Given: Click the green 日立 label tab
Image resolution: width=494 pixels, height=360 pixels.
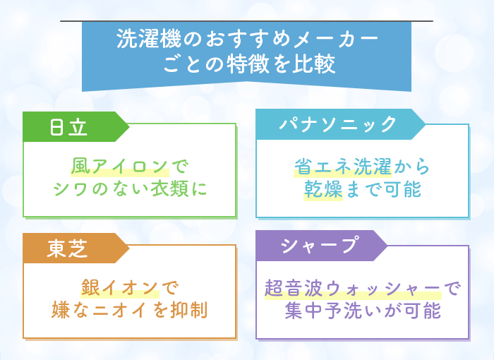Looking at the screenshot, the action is (x=76, y=127).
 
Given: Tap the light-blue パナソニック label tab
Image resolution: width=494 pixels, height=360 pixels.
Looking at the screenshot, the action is (x=340, y=124).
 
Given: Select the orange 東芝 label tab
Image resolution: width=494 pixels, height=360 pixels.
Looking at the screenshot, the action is (x=76, y=248).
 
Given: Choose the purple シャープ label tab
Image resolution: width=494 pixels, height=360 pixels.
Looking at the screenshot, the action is (x=321, y=246).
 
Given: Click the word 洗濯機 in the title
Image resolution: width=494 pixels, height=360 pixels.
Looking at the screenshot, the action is (x=149, y=39).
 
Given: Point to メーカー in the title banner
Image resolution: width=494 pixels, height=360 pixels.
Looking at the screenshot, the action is (x=336, y=39).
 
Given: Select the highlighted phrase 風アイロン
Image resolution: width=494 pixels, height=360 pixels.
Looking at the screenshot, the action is (x=119, y=166).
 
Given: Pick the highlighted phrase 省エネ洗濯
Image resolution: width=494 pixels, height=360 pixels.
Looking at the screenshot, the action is (x=343, y=167).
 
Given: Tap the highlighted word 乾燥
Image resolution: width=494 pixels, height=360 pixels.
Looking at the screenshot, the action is (x=323, y=189).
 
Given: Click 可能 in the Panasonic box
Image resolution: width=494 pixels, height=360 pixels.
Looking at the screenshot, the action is (x=402, y=189).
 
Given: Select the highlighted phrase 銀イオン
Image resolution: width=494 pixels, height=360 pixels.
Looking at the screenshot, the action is (x=120, y=287).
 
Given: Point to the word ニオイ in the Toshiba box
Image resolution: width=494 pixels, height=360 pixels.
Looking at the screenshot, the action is (x=120, y=310).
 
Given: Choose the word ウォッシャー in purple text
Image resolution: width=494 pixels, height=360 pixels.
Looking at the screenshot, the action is (x=383, y=289).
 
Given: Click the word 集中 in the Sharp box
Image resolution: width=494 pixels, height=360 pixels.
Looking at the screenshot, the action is (x=304, y=311).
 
